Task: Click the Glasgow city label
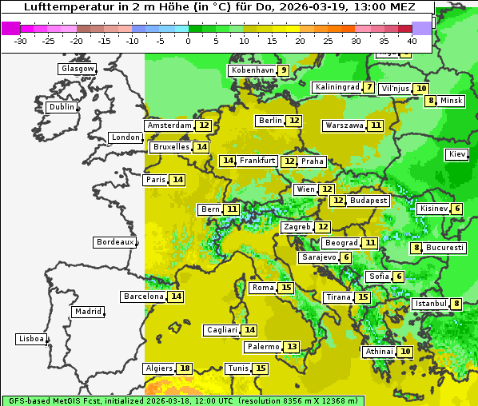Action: point(77,69)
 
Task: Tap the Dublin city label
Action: point(62,107)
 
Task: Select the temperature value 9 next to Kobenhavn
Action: point(283,70)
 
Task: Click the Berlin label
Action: point(270,121)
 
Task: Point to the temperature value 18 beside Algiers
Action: point(185,368)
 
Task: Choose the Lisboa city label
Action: point(30,339)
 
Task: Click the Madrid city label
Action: point(87,312)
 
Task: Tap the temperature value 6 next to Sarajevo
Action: point(345,257)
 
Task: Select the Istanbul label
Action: point(430,304)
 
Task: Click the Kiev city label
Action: point(457,154)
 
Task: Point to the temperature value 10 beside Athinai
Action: point(405,352)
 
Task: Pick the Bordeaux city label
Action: point(114,242)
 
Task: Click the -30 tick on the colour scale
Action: point(21,40)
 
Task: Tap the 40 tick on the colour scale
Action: point(411,40)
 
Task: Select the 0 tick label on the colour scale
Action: point(188,40)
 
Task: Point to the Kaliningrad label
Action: point(337,87)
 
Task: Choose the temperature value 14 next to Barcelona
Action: point(176,297)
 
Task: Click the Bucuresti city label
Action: point(444,248)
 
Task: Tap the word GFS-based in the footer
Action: point(30,400)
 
